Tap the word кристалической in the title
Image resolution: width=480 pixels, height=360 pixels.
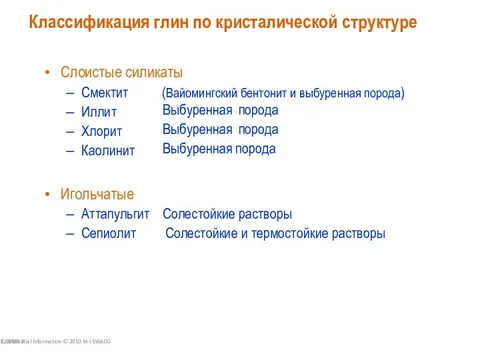(276, 22)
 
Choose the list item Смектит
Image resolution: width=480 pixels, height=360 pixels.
(105, 93)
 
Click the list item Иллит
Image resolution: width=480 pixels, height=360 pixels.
(99, 112)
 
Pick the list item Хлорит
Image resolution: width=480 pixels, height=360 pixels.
(102, 131)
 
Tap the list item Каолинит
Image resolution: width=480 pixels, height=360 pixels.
(108, 150)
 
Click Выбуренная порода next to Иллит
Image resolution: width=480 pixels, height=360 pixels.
(220, 110)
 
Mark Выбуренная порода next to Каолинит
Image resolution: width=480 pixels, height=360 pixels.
(219, 149)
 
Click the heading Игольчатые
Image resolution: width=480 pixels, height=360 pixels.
(97, 193)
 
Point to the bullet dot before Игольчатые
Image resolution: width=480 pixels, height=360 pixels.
(48, 194)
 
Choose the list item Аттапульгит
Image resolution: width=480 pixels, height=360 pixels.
(115, 214)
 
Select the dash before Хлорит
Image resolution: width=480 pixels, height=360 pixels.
(70, 131)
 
